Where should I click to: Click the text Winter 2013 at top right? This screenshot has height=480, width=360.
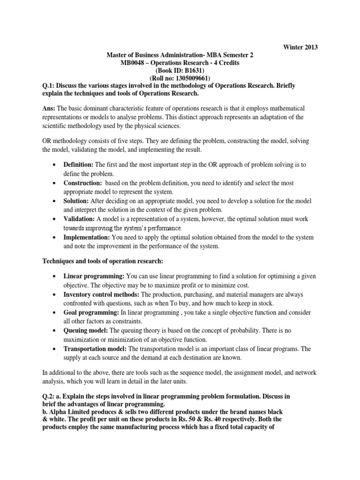click(x=300, y=47)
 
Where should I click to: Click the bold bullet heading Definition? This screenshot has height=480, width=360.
click(x=79, y=165)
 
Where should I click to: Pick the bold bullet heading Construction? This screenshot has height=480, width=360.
click(x=82, y=183)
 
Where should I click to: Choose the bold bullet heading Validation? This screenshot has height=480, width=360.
click(x=79, y=219)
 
